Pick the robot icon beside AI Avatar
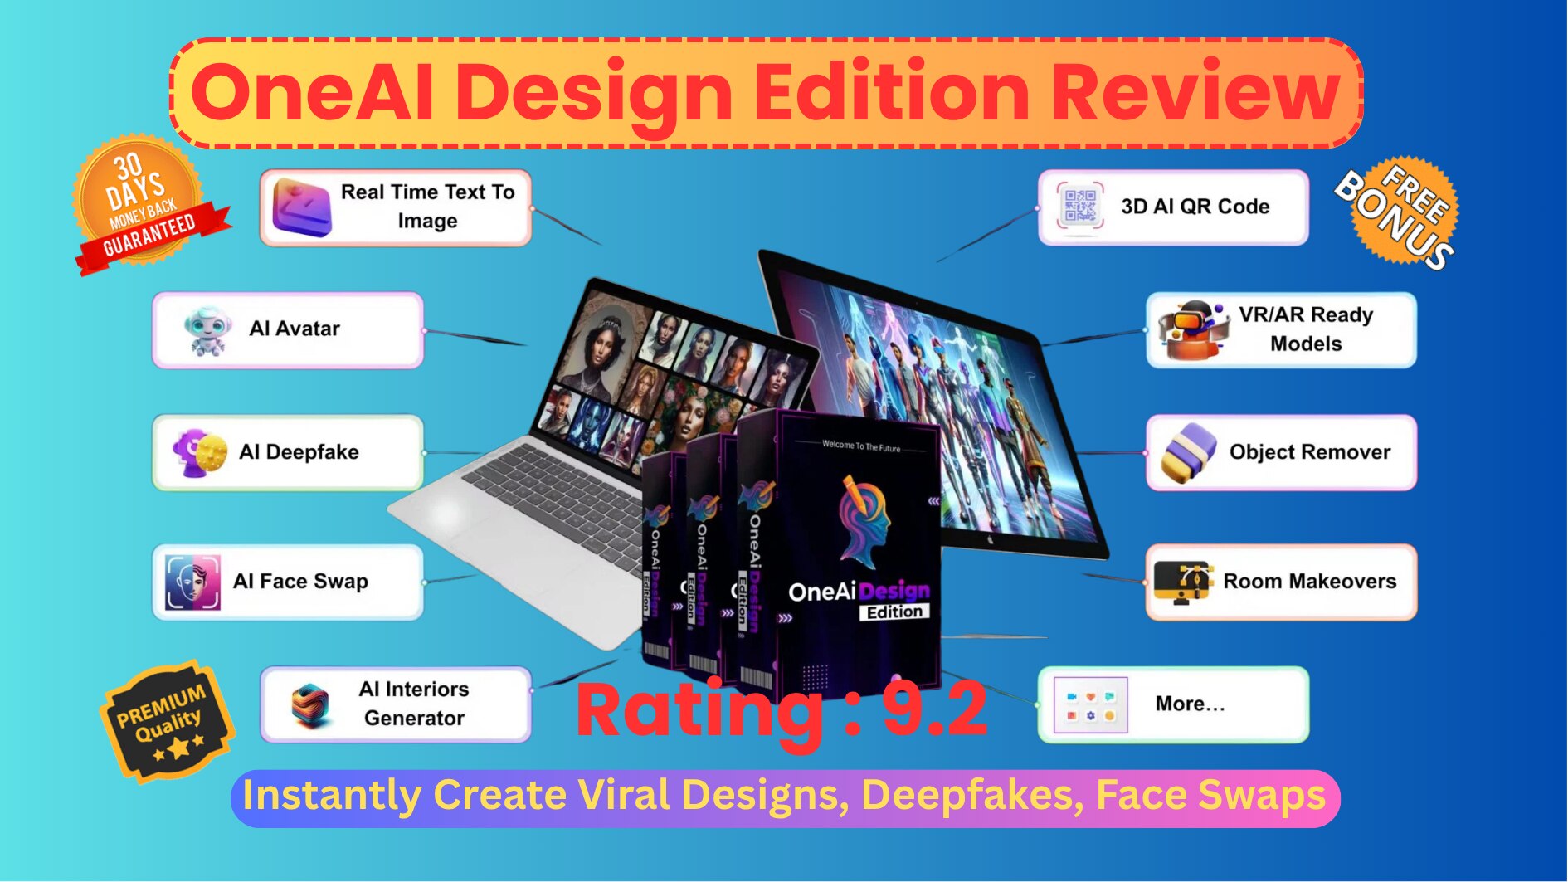[x=205, y=330]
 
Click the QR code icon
[x=1080, y=207]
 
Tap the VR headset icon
[x=1193, y=330]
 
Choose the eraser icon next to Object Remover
[x=1189, y=452]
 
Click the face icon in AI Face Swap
[x=192, y=582]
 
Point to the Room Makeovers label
[x=1309, y=582]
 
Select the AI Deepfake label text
[x=299, y=452]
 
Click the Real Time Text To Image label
[x=427, y=207]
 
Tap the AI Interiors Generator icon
[x=310, y=704]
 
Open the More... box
[x=1173, y=704]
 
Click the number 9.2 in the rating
[x=934, y=709]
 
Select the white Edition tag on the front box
[x=894, y=612]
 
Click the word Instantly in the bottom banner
[x=332, y=796]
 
